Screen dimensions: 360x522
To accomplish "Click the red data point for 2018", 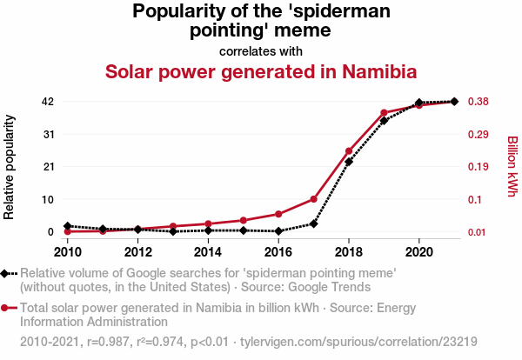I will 349,151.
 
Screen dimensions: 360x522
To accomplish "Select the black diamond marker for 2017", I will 314,223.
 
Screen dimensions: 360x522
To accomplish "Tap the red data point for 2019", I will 384,113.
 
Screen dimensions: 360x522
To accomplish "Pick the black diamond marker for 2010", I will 68,226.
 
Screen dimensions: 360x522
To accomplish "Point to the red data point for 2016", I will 278,214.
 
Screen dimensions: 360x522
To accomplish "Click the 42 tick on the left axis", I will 48,102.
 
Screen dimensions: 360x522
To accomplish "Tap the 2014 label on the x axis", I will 208,252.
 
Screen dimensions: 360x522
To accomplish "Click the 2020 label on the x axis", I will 418,252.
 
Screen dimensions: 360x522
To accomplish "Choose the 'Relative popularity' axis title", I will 10,166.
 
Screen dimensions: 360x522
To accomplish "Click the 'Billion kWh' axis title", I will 512,166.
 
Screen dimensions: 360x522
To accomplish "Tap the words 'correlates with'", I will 261,51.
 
